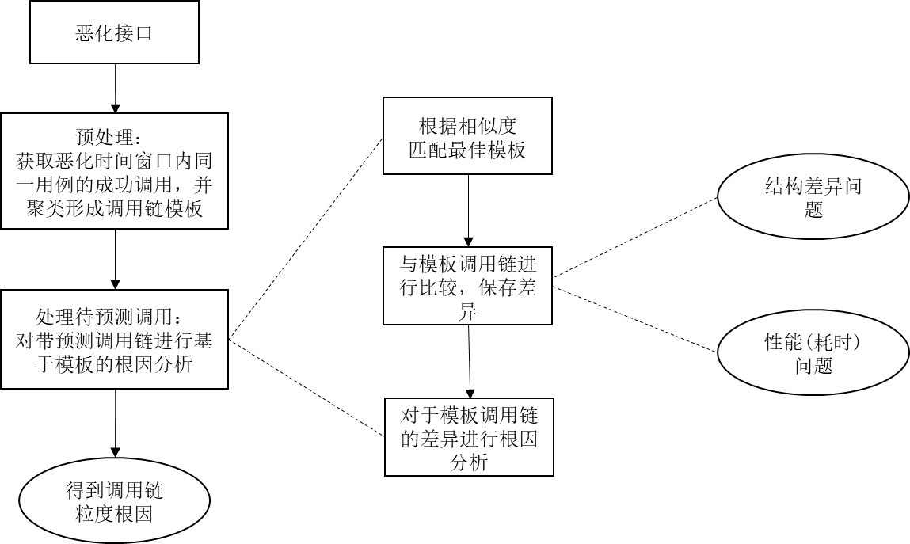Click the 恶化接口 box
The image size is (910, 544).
click(114, 32)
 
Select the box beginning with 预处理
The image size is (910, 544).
click(114, 171)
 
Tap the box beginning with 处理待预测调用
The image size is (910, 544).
click(114, 339)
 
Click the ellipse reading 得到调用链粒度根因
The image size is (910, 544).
click(114, 501)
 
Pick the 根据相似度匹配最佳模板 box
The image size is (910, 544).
click(467, 136)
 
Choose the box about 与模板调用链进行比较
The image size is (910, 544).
click(467, 286)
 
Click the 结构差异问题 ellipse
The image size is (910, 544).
click(813, 197)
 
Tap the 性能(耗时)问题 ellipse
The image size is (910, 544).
click(813, 353)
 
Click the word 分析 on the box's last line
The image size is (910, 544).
click(469, 462)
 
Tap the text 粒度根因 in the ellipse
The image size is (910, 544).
click(114, 514)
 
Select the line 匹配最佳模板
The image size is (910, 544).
click(467, 150)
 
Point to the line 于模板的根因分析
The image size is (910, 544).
click(114, 364)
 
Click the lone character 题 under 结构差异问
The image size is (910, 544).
click(813, 210)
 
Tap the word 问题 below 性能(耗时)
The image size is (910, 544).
click(813, 366)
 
